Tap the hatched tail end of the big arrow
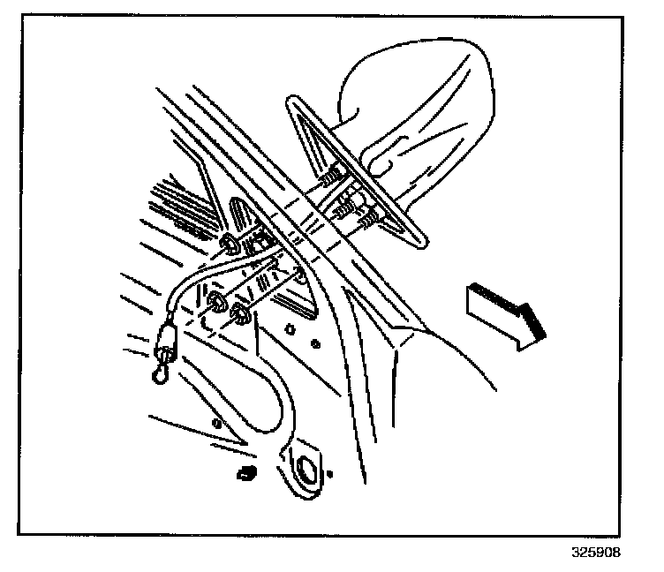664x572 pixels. [478, 291]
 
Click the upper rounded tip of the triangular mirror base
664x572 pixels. [292, 104]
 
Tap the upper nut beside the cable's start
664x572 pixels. [229, 245]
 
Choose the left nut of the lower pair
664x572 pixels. [215, 305]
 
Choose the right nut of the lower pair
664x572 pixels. [238, 313]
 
